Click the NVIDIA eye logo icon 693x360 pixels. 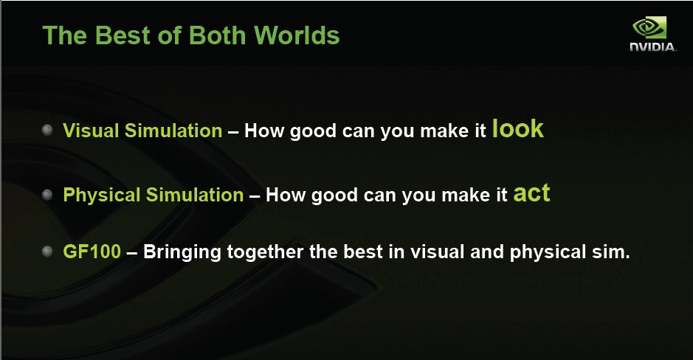(649, 28)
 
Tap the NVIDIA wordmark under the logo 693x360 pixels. (653, 46)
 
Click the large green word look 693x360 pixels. (518, 128)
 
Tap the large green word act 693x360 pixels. (531, 193)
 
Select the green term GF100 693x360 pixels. (92, 252)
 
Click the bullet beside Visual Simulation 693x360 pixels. (47, 130)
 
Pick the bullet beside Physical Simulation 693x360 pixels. (47, 194)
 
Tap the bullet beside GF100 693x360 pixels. (47, 252)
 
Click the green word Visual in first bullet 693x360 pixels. (91, 131)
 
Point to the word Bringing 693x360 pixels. (182, 252)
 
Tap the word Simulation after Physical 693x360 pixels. (195, 195)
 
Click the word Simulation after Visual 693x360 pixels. (173, 131)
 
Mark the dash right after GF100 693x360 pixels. (131, 252)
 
